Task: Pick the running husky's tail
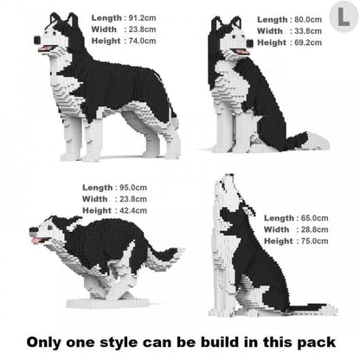(x=164, y=253)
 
